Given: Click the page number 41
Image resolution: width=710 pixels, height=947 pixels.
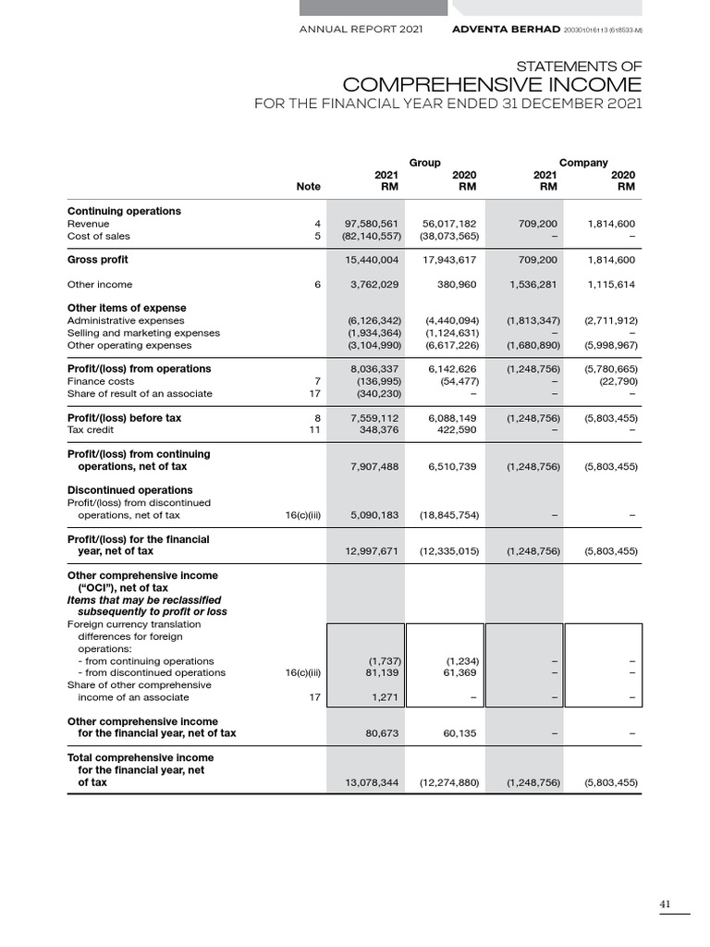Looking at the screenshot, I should [x=666, y=904].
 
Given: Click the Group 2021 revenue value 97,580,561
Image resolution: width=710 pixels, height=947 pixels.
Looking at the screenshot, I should [x=371, y=224].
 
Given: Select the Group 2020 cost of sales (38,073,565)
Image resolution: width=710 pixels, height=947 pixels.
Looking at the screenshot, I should [x=448, y=236].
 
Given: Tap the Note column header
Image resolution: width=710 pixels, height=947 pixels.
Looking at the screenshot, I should [x=308, y=186].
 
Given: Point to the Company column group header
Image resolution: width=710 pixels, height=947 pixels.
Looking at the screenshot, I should [x=583, y=163].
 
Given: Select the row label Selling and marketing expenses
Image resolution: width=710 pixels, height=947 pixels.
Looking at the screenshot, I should [x=143, y=333].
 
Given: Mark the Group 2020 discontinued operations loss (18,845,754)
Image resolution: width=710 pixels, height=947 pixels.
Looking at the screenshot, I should [x=448, y=515].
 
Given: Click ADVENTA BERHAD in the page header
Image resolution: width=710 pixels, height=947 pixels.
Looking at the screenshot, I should [x=503, y=30].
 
